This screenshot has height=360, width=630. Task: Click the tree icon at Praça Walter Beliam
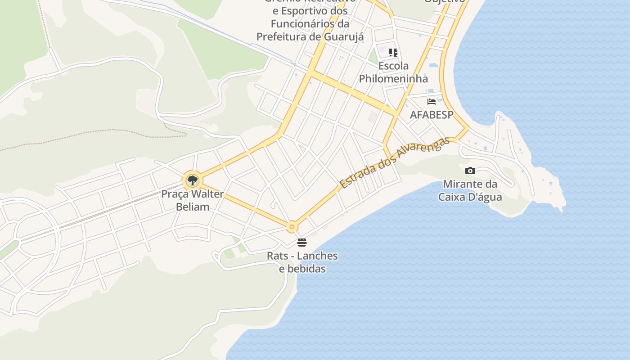click(193, 180)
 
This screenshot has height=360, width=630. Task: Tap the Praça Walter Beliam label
click(193, 201)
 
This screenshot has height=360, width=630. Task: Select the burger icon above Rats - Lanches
click(302, 243)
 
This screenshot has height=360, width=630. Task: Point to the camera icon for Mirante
click(470, 171)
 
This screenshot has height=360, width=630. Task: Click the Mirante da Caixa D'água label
click(470, 190)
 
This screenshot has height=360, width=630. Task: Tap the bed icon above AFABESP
click(432, 102)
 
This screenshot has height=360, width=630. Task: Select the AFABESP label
click(432, 115)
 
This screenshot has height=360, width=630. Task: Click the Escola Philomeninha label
click(393, 72)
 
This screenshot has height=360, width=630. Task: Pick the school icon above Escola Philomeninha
click(393, 53)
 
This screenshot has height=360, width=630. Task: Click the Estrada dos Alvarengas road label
click(395, 163)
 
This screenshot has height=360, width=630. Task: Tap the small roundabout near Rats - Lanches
click(292, 227)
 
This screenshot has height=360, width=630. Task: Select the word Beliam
click(193, 207)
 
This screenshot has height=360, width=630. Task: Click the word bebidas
click(302, 269)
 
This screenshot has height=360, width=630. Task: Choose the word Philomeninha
click(393, 79)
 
